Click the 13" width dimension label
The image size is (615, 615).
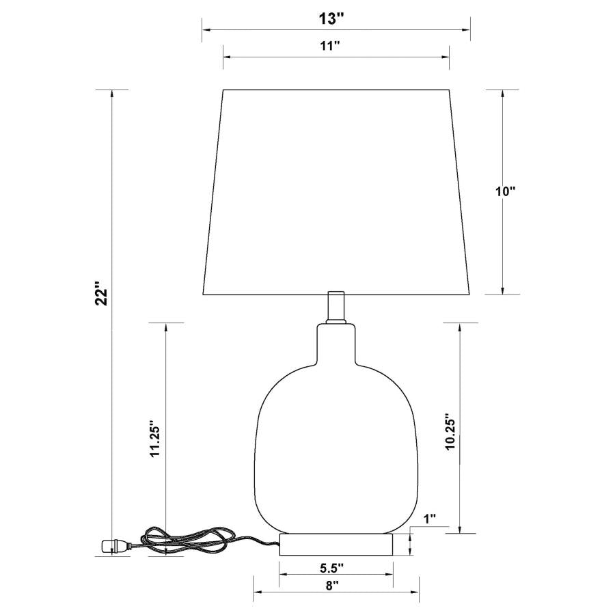coord(330,19)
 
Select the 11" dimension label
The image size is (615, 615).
coord(331,46)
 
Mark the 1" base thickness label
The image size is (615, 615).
coord(429,519)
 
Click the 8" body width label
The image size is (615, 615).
coord(332,586)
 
